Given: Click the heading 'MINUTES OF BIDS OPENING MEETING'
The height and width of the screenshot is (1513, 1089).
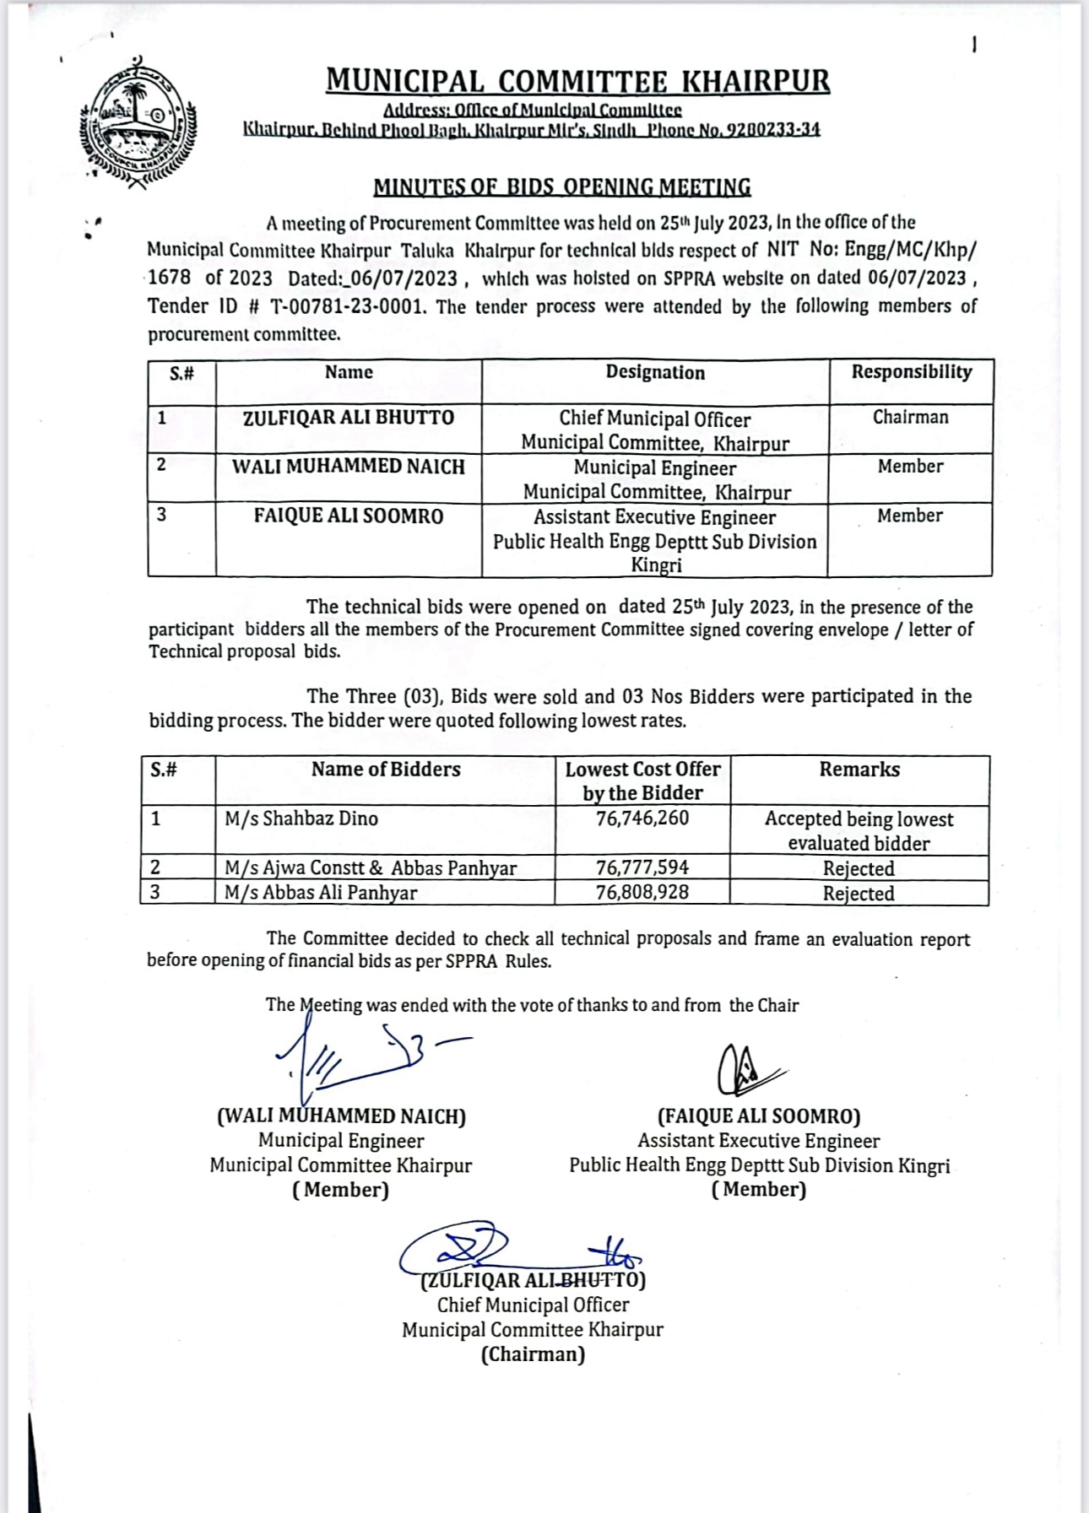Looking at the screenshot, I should pos(562,186).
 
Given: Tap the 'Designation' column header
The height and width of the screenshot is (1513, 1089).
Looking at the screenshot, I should pos(655,373).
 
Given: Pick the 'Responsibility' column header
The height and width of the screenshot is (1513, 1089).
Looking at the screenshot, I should pos(911,372).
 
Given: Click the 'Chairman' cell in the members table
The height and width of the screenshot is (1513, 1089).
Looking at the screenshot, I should pos(910,418).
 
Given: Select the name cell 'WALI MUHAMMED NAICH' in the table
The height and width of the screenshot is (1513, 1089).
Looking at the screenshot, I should pos(348,467).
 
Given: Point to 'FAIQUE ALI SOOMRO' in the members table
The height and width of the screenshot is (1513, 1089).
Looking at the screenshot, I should pos(348,516).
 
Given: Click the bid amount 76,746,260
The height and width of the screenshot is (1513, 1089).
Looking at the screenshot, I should pos(642,819).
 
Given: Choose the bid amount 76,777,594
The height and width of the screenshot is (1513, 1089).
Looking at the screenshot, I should pos(642,867).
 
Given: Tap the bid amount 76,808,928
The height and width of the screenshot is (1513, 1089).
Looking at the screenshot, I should pos(642,893).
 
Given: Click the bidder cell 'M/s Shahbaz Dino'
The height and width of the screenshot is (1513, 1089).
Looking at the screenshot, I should pos(301,819).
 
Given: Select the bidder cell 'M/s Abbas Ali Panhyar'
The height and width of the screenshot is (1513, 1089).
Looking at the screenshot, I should pos(321,893).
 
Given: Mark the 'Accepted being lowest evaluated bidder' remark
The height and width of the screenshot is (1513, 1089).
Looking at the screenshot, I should pos(859,831).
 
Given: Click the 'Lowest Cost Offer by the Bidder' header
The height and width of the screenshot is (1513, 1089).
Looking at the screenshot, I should pos(642,781).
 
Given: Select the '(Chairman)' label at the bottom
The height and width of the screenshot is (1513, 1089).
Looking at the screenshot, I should pos(533,1355).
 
